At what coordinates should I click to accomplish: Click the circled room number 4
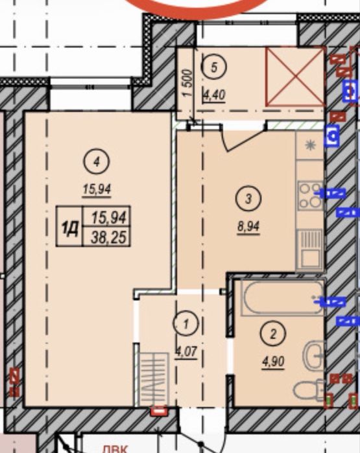[97, 161]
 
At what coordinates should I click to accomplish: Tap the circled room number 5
[214, 67]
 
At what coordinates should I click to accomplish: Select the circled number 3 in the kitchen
[248, 198]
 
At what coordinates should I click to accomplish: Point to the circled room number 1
[186, 323]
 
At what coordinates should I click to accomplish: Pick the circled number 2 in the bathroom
[273, 334]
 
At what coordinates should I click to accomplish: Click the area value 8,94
[248, 227]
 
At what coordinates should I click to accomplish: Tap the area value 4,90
[273, 362]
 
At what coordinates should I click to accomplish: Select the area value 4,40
[214, 95]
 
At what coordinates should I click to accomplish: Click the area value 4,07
[187, 352]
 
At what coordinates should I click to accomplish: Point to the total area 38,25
[108, 238]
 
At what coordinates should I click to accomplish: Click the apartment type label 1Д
[69, 229]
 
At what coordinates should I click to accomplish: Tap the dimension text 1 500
[187, 83]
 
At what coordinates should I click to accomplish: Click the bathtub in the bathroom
[283, 297]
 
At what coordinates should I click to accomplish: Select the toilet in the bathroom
[309, 389]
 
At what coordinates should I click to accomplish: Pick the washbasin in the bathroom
[313, 356]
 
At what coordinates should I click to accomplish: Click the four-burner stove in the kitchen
[311, 194]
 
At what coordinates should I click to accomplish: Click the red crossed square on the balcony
[294, 77]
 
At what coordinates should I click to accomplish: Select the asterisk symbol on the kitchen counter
[311, 145]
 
